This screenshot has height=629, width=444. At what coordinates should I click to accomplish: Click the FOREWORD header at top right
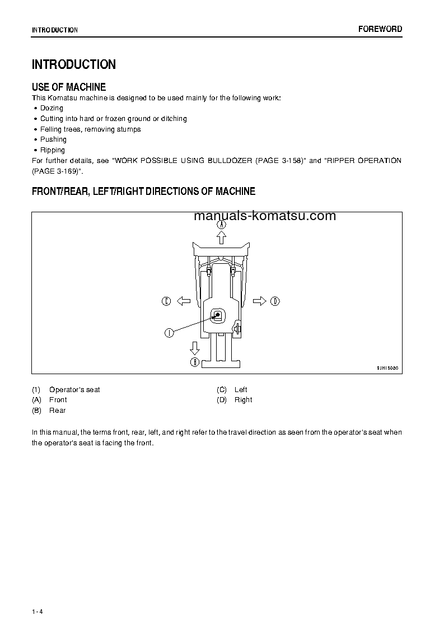pos(380,29)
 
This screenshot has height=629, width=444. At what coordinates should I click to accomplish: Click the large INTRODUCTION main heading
pos(74,64)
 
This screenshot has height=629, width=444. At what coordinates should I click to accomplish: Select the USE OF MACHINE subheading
pos(69,87)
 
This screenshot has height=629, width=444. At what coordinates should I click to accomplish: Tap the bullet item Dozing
pos(52,108)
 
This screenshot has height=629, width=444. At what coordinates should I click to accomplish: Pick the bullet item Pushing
pos(53,139)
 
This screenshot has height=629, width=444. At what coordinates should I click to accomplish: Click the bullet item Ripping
pos(53,150)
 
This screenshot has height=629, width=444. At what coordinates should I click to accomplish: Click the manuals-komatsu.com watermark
pos(264,216)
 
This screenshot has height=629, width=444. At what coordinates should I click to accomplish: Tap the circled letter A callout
pos(222,224)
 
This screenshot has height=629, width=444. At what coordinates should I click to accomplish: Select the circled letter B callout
pos(195,362)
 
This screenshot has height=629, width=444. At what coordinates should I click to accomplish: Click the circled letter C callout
pos(166,301)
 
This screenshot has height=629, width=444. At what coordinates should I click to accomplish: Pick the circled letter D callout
pos(275,301)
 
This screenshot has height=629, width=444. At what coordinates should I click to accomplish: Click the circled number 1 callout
pos(168,333)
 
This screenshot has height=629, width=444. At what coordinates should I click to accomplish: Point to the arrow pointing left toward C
pos(184,301)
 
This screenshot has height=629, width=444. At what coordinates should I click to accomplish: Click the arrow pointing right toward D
pos(259,301)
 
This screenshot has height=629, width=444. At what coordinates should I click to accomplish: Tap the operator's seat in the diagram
pos(218,316)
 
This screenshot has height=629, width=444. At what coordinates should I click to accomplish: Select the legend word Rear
pos(57,411)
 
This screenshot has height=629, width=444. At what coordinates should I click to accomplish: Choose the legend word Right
pos(243,400)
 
